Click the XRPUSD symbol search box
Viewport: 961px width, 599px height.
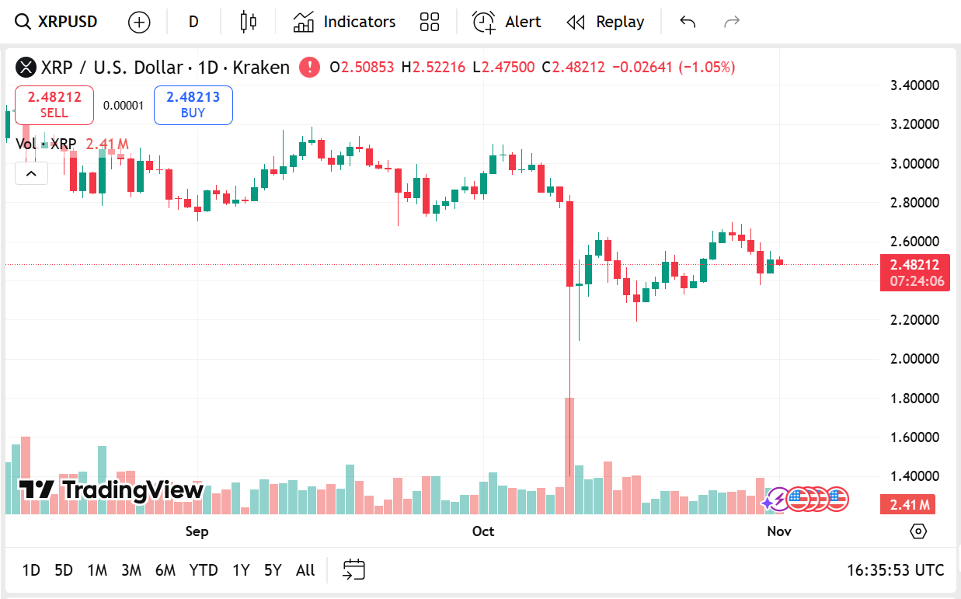57,22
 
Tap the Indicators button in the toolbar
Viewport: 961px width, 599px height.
344,22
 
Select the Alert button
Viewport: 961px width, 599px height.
507,22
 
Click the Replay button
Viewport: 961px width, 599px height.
605,22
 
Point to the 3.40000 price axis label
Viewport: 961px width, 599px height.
914,85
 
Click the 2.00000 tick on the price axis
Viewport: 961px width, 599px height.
914,359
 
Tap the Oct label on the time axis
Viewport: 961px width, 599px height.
483,531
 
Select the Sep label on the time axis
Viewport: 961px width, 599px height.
197,531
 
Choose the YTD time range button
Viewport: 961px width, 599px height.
204,570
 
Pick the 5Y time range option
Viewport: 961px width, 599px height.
272,570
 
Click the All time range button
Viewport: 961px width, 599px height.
305,570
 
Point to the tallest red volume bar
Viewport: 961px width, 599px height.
569,455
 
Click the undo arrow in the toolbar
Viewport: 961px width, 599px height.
688,22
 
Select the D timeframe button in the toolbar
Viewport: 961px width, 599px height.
193,22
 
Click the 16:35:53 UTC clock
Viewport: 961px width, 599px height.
895,570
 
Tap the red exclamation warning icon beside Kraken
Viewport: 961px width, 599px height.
309,67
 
